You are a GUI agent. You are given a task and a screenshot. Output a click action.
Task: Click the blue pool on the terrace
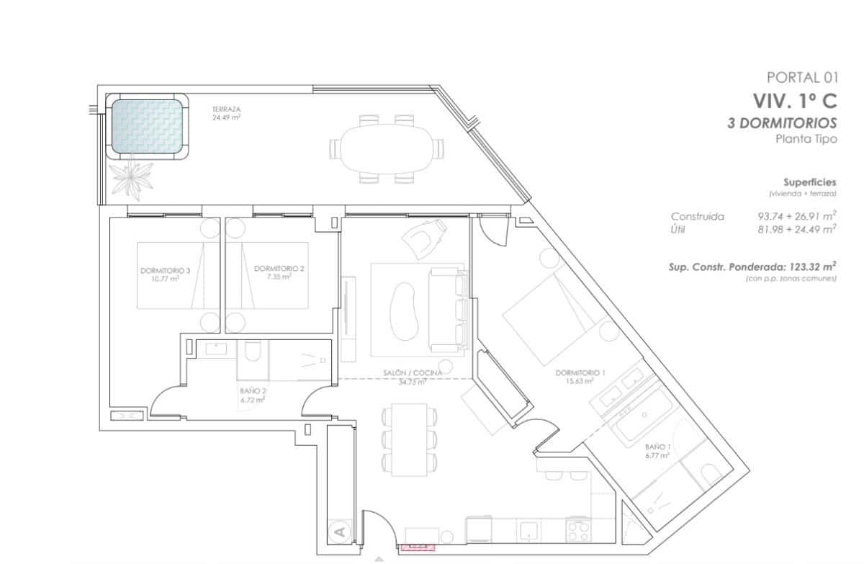click(147, 126)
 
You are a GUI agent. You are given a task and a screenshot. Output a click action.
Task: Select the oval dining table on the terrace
click(386, 149)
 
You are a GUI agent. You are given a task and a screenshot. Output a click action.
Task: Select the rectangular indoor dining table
click(410, 439)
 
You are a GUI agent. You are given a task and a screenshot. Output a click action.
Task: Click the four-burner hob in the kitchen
click(578, 531)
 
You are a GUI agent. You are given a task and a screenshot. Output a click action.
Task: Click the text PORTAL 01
click(802, 78)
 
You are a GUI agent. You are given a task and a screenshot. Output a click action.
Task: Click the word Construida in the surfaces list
click(697, 216)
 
